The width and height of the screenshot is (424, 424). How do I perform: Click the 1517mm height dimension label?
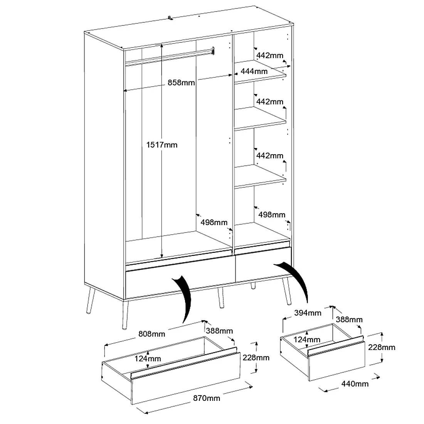pyautogui.click(x=162, y=145)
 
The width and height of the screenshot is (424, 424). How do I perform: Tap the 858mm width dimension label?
pyautogui.click(x=181, y=82)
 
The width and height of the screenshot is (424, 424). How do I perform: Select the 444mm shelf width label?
pyautogui.click(x=254, y=71)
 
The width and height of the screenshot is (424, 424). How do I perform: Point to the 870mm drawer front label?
pyautogui.click(x=208, y=398)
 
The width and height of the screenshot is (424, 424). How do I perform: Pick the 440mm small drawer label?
pyautogui.click(x=355, y=384)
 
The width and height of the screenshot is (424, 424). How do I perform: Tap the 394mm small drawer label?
pyautogui.click(x=308, y=313)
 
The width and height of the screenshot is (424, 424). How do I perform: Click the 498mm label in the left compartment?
pyautogui.click(x=214, y=222)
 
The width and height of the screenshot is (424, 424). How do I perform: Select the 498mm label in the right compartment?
pyautogui.click(x=272, y=214)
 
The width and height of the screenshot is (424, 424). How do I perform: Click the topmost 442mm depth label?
pyautogui.click(x=270, y=56)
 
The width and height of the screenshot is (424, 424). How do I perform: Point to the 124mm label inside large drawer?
pyautogui.click(x=148, y=358)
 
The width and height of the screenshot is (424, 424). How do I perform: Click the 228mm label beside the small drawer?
pyautogui.click(x=382, y=347)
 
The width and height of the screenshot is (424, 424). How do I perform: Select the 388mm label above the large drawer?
pyautogui.click(x=219, y=331)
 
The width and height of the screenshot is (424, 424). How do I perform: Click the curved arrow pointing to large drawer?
pyautogui.click(x=183, y=299)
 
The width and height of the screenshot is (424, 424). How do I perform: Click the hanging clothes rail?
pyautogui.click(x=170, y=56)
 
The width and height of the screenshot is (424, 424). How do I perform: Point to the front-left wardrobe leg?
pyautogui.click(x=125, y=314)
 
